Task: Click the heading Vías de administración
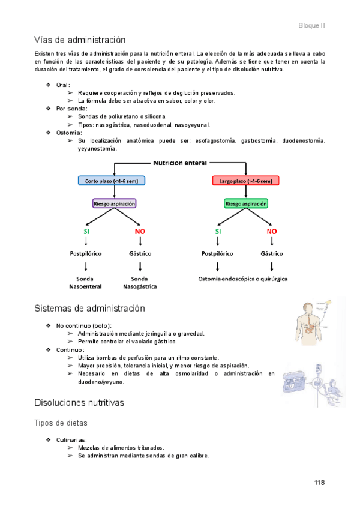click(80, 40)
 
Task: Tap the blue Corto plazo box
click(112, 181)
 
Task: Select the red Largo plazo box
click(245, 181)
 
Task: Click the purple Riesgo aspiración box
click(114, 203)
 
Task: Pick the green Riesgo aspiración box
click(246, 203)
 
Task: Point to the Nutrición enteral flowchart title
click(180, 163)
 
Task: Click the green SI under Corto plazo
click(86, 231)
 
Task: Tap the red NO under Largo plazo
click(272, 231)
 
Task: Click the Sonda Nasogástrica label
click(140, 283)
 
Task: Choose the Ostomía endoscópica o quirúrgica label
click(243, 279)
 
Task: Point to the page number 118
click(319, 483)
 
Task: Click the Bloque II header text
click(311, 26)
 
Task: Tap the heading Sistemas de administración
click(89, 309)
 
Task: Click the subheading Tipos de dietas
click(60, 423)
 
